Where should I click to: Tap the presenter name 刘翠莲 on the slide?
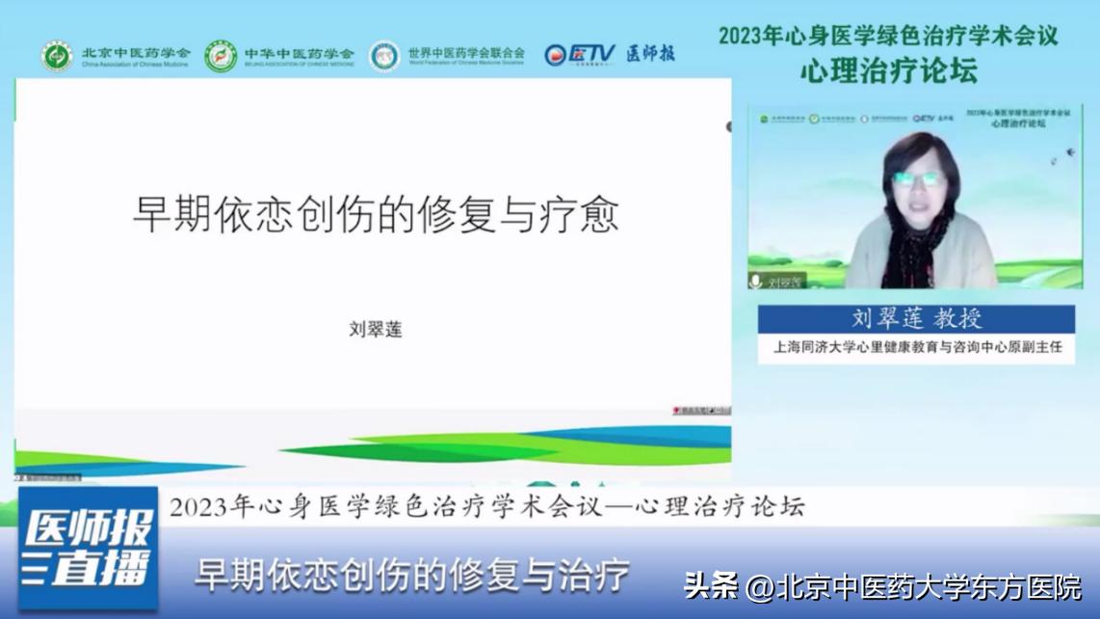375,330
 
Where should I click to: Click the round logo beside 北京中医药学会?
57,56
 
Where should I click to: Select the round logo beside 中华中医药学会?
221,56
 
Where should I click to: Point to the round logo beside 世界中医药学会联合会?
384,56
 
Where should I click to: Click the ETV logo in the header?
579,54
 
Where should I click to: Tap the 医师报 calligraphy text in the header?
650,54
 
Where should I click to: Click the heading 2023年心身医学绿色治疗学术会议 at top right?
888,36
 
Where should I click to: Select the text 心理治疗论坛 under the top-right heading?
888,70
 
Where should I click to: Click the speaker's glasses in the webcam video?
917,179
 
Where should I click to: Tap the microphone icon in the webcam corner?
756,281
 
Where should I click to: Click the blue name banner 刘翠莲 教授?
916,319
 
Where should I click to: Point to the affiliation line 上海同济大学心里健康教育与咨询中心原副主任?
916,347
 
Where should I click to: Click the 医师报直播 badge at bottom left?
89,548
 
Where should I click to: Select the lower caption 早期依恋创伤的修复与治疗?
412,575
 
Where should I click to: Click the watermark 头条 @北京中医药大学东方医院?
882,585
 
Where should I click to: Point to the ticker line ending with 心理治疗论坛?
486,506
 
